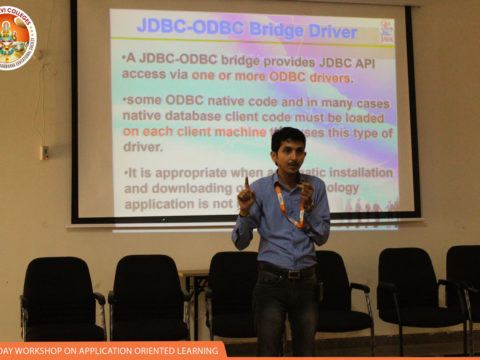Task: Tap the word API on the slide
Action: (370, 59)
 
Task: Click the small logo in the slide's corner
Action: (387, 29)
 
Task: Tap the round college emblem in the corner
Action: (15, 37)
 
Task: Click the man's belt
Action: (284, 271)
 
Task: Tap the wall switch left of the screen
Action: (44, 152)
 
